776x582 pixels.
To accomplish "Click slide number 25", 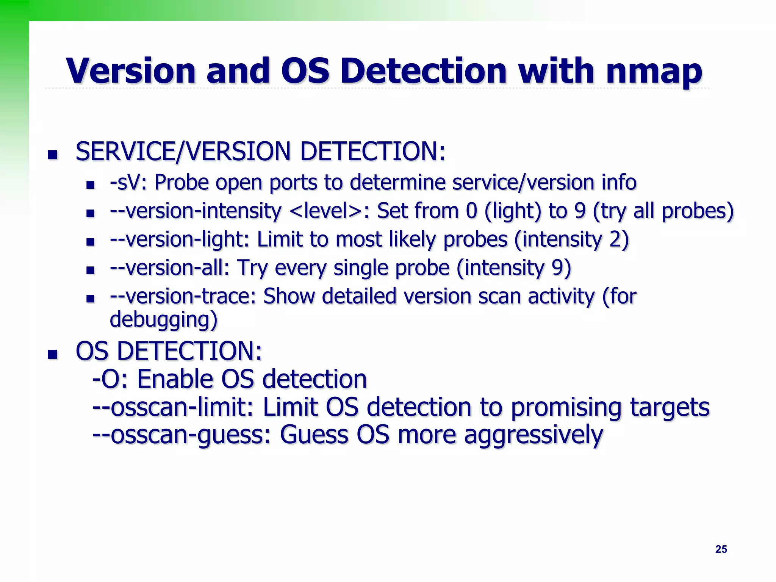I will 721,549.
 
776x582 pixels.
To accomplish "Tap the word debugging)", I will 164,320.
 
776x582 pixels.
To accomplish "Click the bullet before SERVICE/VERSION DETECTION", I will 52,155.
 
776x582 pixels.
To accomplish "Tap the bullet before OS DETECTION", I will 52,354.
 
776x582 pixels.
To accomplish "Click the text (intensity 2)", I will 571,239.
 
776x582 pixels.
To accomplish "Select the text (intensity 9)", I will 514,268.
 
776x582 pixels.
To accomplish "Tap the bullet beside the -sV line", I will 90,185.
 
